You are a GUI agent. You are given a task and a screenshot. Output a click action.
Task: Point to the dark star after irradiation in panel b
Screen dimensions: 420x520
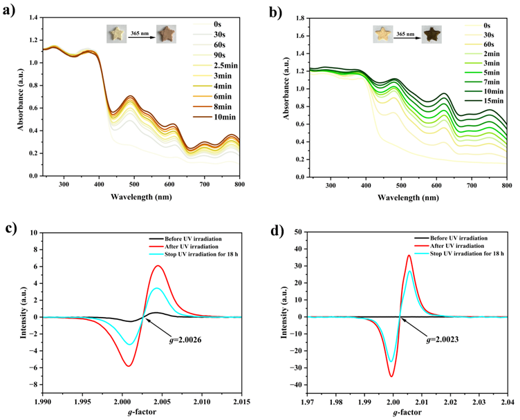(434, 34)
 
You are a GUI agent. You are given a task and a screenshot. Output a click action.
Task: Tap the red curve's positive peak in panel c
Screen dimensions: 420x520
(158, 266)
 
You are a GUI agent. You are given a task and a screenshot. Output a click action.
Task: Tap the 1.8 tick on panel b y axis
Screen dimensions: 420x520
(292, 18)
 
